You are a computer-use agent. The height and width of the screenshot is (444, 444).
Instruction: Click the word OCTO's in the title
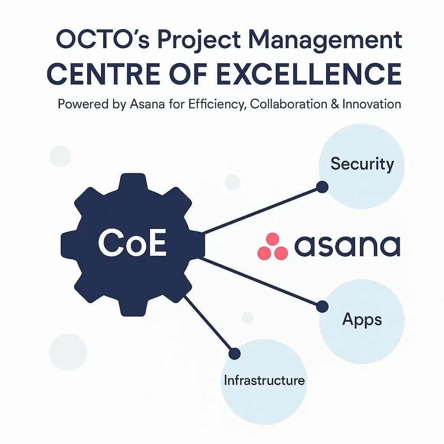(102, 39)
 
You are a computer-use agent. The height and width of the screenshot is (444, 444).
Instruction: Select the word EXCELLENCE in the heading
(309, 74)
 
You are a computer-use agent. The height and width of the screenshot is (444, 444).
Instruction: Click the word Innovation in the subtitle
(372, 104)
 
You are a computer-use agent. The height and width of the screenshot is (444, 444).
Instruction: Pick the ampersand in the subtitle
(335, 104)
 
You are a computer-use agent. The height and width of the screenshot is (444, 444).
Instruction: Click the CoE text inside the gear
(132, 243)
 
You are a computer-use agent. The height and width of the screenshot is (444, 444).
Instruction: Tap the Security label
(362, 164)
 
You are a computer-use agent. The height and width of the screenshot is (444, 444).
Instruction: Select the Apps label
(362, 320)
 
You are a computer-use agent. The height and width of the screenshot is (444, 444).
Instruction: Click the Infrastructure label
(264, 380)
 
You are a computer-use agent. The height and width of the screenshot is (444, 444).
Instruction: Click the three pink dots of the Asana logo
(272, 246)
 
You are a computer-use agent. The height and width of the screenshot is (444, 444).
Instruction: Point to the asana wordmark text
(347, 246)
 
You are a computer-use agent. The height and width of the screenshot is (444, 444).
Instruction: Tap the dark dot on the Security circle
(322, 187)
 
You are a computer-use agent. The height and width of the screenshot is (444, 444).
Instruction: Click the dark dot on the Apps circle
(322, 307)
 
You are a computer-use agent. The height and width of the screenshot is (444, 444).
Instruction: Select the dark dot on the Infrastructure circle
(235, 354)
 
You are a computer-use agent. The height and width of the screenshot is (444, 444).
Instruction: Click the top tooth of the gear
(133, 183)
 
